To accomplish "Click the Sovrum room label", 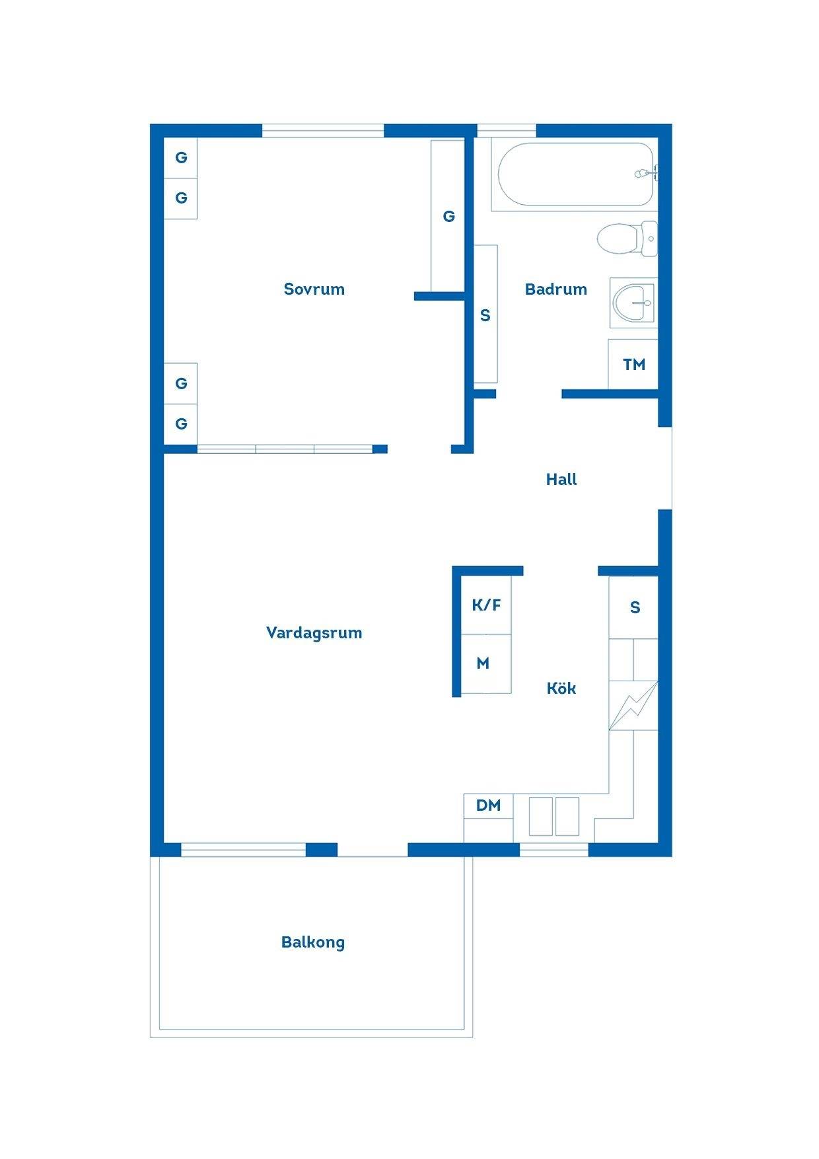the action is [x=314, y=289].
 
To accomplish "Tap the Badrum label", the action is [x=555, y=289].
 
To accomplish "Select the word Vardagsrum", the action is [x=314, y=633].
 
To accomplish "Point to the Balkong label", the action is [x=313, y=942].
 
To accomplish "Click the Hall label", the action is [x=561, y=480].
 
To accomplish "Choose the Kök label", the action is [x=561, y=688].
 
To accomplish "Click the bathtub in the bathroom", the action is [x=575, y=174].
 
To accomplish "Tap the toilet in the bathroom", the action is [x=627, y=239].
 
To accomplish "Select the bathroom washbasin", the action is [x=633, y=303].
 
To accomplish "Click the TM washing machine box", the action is [x=633, y=364].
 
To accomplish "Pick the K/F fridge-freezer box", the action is [x=486, y=605].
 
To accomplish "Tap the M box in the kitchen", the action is [x=486, y=663].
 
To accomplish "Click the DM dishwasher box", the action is [x=489, y=805].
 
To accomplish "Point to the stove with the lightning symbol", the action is [x=633, y=705].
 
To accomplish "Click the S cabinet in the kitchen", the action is [x=633, y=607].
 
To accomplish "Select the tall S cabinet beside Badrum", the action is [x=485, y=314].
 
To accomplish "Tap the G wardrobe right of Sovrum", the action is [x=448, y=216].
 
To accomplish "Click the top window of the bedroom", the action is [x=323, y=131].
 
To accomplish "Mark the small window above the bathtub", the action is [x=507, y=131].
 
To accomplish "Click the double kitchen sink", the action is [x=554, y=817].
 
